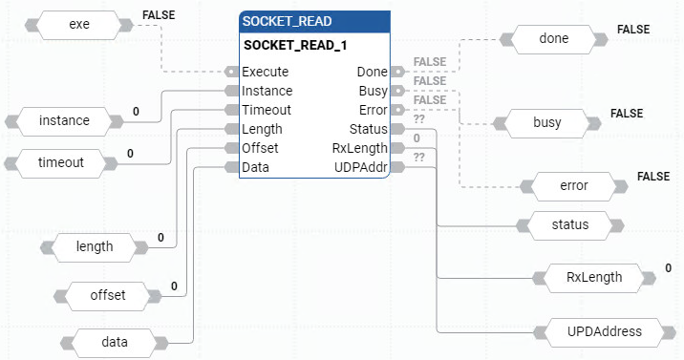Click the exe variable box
click(79, 24)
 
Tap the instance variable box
click(64, 120)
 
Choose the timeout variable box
click(61, 162)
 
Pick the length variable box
click(95, 246)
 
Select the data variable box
click(115, 341)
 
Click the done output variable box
click(554, 39)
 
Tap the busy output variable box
click(546, 123)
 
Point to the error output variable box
click(573, 184)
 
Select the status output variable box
click(569, 225)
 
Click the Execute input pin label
click(266, 72)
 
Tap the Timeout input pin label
click(267, 110)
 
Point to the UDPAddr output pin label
click(360, 167)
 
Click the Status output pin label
click(368, 129)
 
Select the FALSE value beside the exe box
click(158, 16)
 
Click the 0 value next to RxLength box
click(669, 268)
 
